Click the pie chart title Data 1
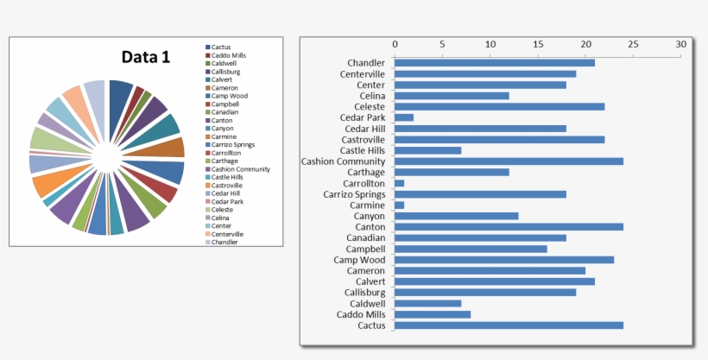145,58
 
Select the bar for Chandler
495,63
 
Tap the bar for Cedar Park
404,117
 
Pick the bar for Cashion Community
509,161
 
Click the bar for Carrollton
400,183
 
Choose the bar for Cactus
509,325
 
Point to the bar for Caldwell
428,304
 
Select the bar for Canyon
457,216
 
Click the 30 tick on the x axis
681,44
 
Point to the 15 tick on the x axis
538,44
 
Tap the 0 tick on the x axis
395,44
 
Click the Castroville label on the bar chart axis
359,140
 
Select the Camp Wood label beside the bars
360,260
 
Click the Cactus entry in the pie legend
221,47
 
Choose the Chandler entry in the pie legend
224,243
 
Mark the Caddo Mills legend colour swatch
208,55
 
